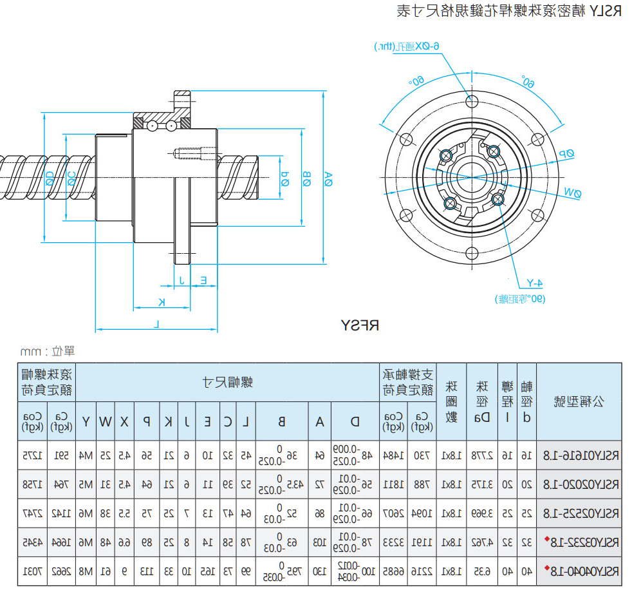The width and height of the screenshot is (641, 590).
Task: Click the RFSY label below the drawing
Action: [360, 325]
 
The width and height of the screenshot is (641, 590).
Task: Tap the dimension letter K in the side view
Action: [161, 301]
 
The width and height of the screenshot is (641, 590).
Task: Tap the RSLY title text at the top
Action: [508, 11]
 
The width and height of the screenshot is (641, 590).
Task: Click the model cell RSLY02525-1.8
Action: [578, 513]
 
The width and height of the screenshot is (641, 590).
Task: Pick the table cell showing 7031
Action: [37, 571]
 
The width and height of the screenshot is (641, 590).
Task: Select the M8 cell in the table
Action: [86, 571]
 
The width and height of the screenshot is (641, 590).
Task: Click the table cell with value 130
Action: [319, 571]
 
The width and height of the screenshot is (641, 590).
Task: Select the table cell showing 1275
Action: [37, 455]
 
